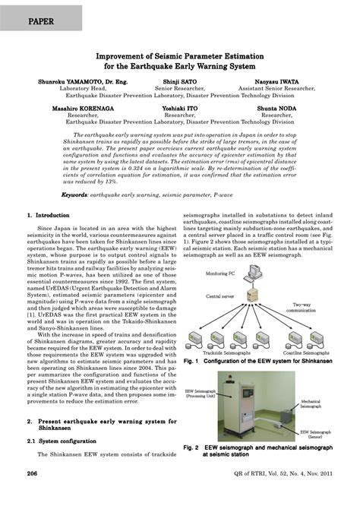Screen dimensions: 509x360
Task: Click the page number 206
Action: [33, 495]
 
